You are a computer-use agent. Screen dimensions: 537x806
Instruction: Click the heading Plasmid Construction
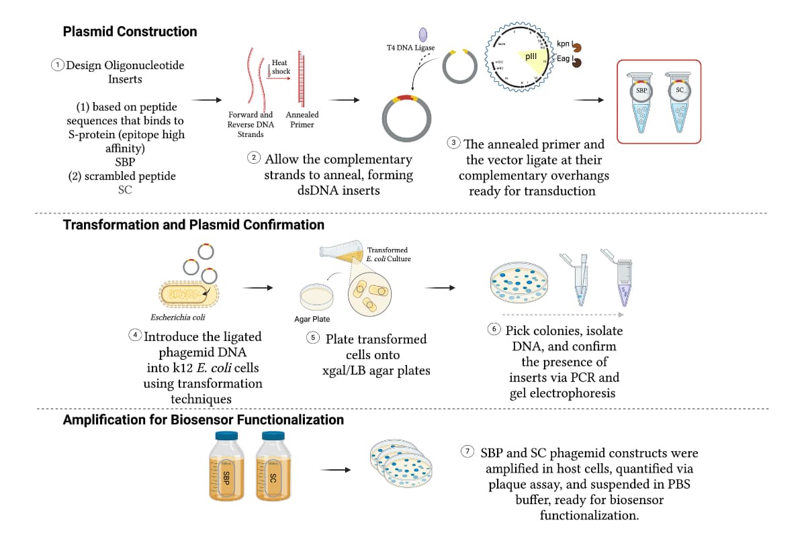(130, 32)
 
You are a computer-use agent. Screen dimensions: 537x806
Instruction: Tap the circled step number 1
(58, 65)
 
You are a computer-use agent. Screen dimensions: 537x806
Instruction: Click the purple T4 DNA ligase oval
(423, 34)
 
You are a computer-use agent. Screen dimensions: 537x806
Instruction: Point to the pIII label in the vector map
(530, 57)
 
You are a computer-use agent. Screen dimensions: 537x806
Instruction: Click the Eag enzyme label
(563, 59)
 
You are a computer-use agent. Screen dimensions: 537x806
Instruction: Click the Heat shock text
(280, 66)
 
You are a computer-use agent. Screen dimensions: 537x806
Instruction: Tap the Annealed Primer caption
(302, 119)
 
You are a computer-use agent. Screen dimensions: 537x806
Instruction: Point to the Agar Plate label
(312, 320)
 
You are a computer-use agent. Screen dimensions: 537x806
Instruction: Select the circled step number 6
(494, 330)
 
